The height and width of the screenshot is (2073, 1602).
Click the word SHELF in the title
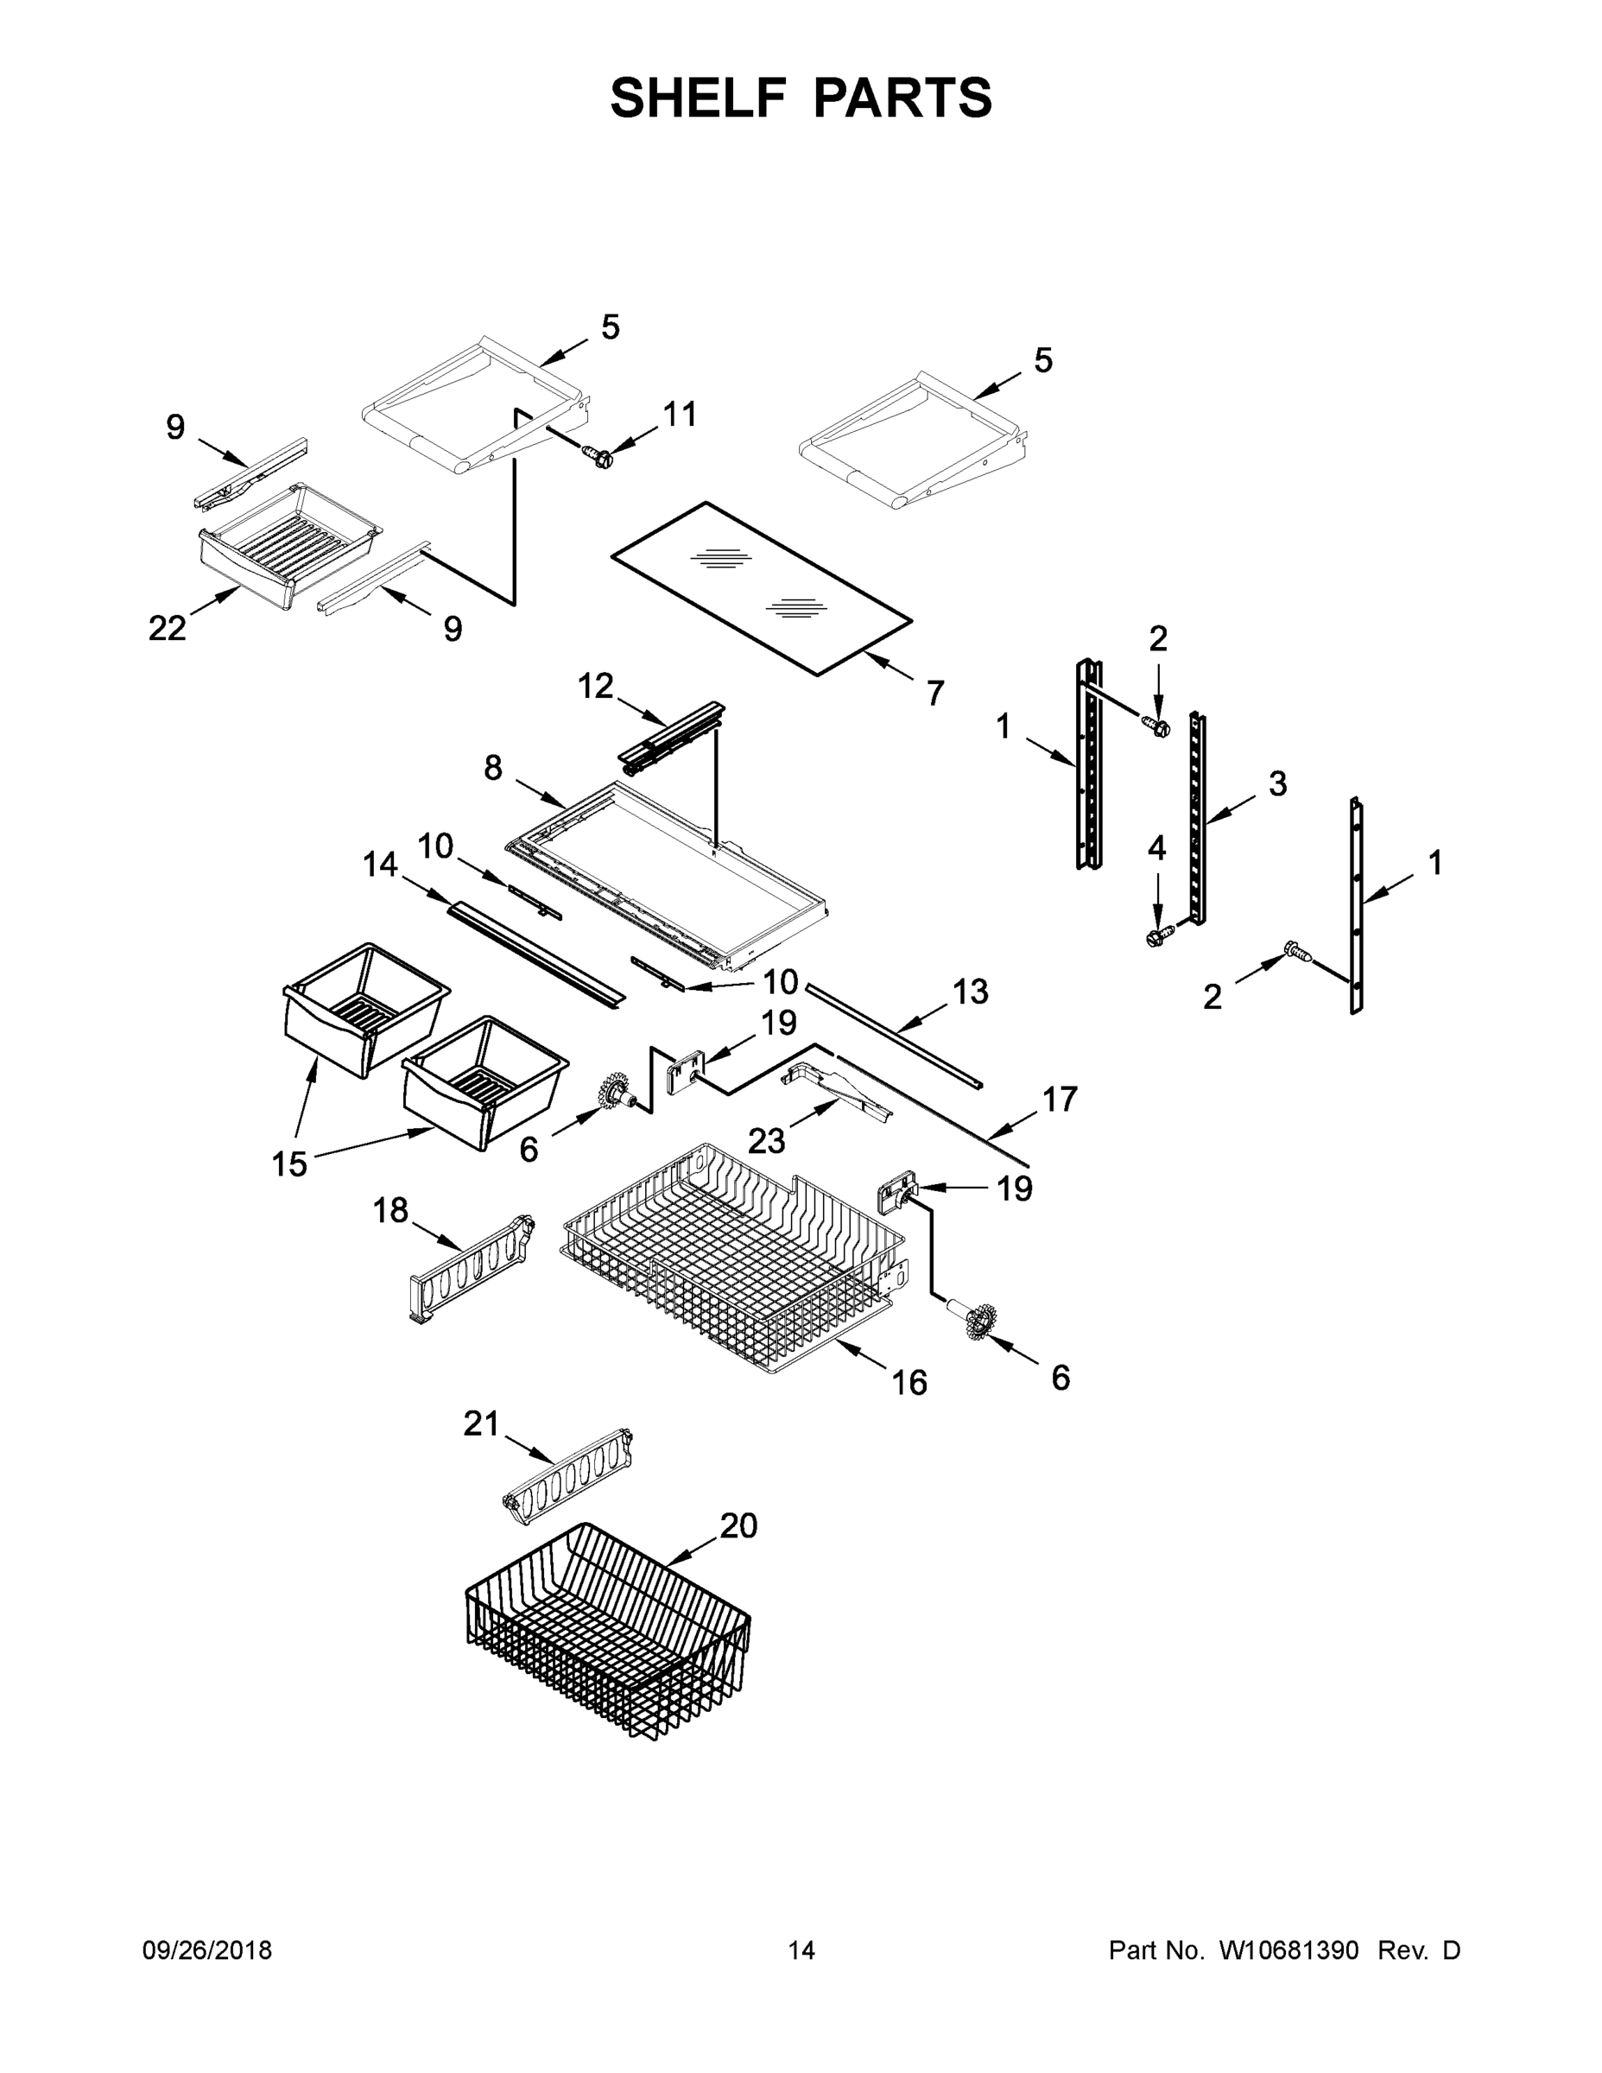[x=699, y=98]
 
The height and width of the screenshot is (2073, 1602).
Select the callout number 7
[x=934, y=694]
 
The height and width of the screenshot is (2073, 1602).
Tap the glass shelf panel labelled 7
[x=759, y=588]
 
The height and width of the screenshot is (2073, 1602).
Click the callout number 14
[x=381, y=865]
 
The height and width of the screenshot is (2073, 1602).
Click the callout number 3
[x=1277, y=783]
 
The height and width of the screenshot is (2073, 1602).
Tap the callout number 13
[x=970, y=991]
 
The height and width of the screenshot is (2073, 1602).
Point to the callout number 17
[x=1061, y=1100]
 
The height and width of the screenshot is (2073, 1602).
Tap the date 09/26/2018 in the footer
[x=207, y=1950]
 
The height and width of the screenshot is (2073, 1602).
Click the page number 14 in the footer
[x=801, y=1950]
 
